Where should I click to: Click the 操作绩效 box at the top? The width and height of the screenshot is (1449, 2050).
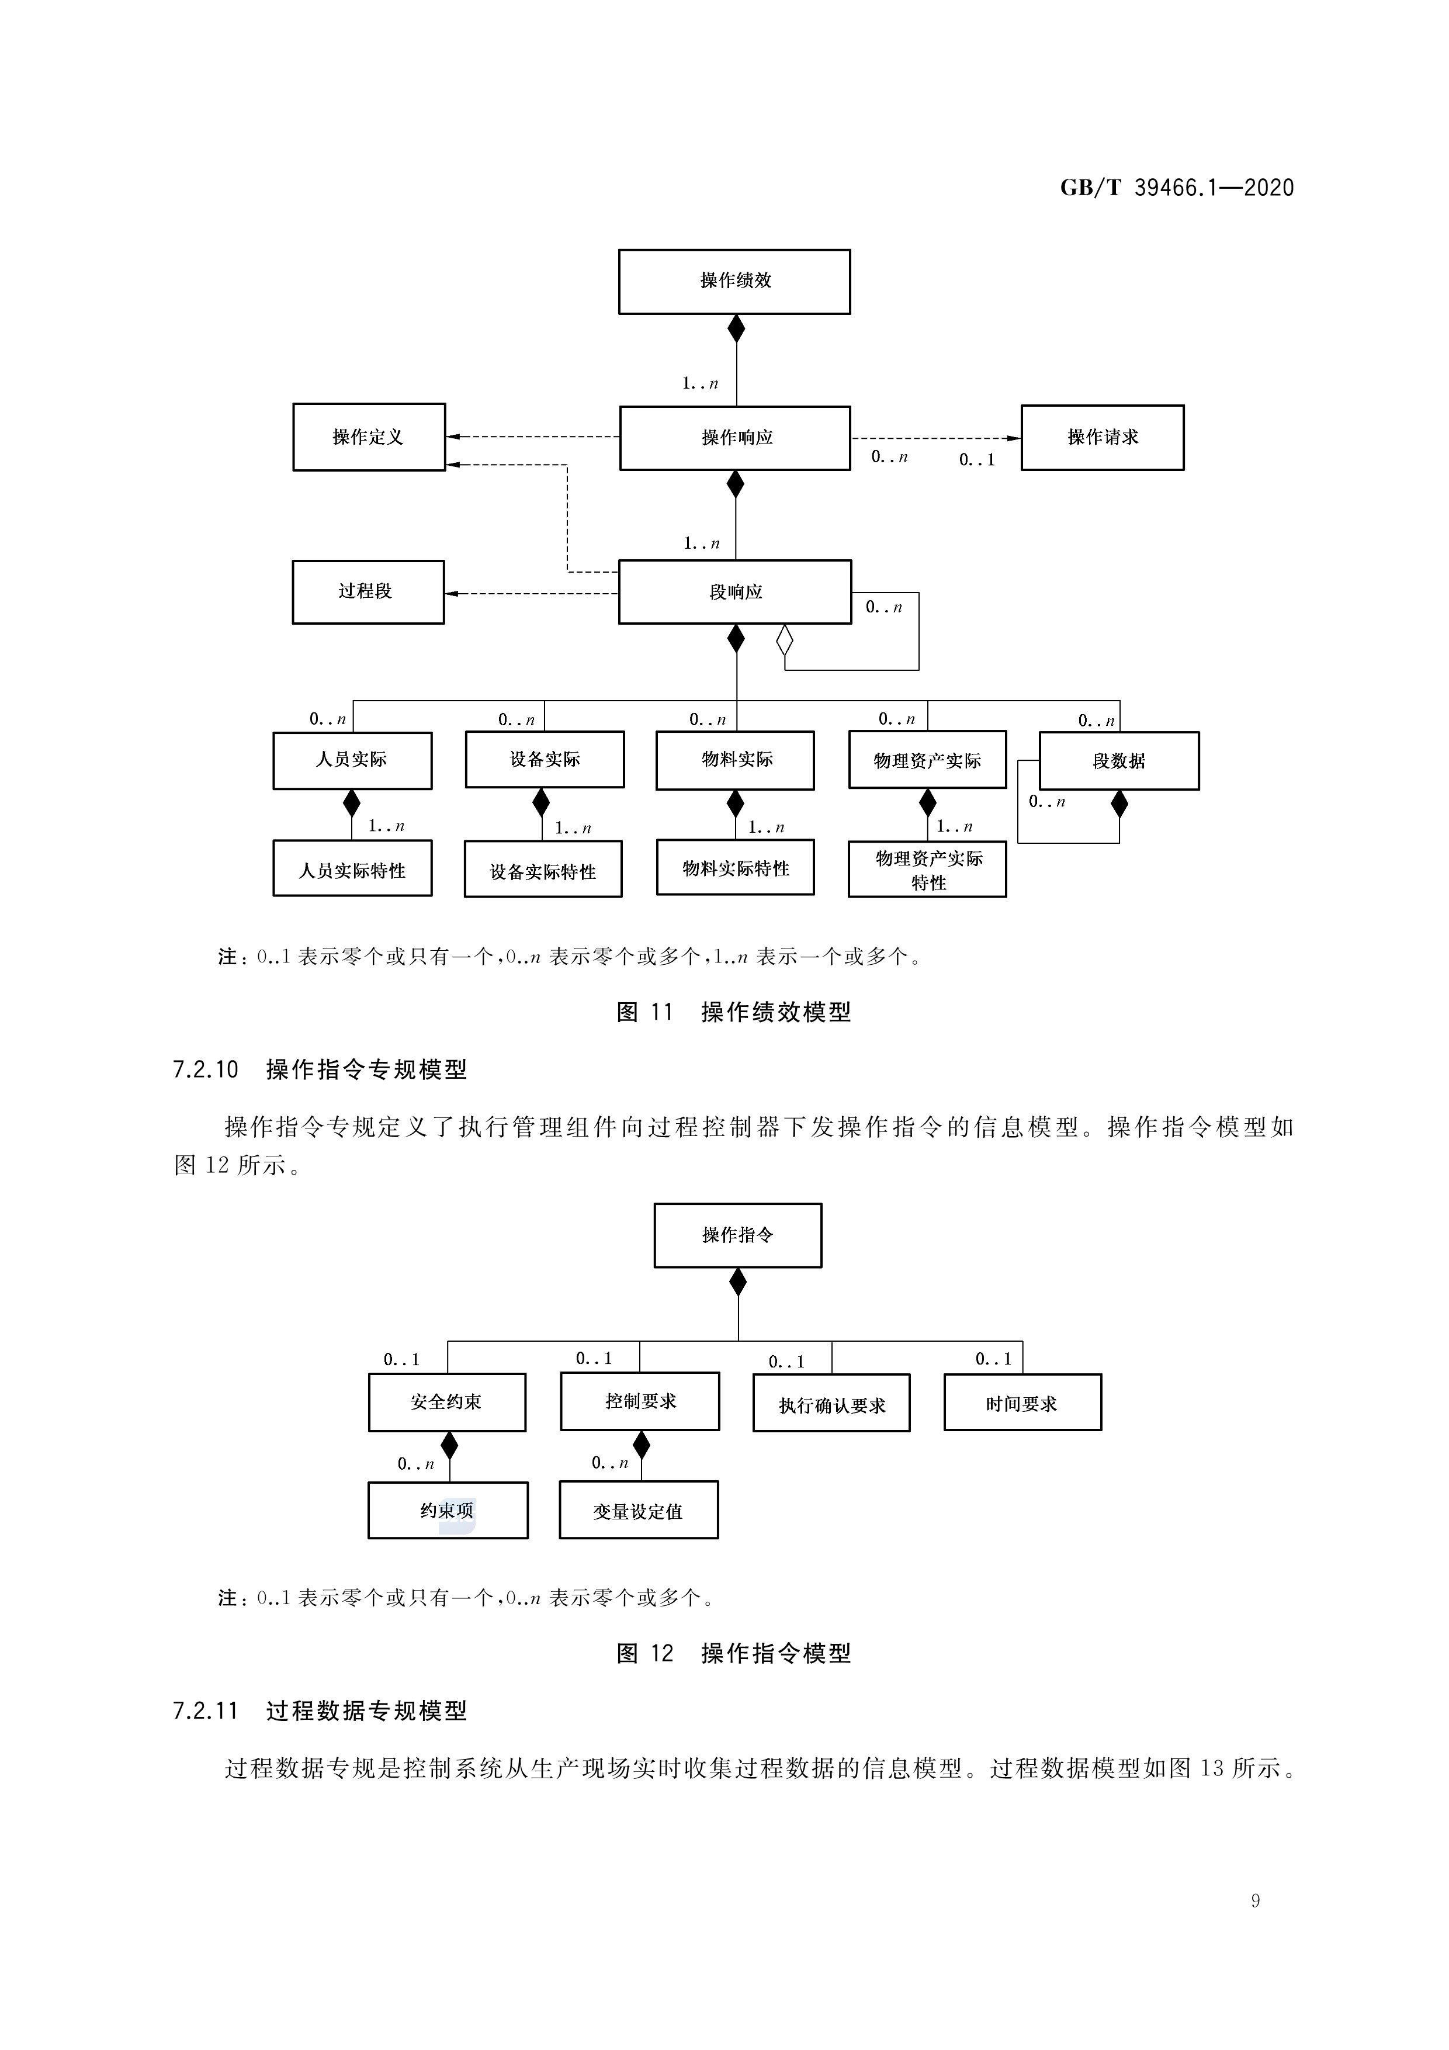734,281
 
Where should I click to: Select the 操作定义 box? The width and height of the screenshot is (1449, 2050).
369,437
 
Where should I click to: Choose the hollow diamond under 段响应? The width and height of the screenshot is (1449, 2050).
785,640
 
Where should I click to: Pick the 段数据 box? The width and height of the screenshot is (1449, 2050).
1119,761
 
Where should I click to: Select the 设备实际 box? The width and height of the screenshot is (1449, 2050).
545,760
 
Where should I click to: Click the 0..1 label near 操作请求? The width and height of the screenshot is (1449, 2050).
977,460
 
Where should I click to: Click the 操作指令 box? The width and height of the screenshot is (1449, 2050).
737,1235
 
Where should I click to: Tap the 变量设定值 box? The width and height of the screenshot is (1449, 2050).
639,1511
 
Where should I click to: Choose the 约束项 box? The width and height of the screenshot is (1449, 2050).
448,1511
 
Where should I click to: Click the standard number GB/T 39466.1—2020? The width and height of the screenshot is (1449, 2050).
1177,188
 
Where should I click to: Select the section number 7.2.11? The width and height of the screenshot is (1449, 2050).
205,1710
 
